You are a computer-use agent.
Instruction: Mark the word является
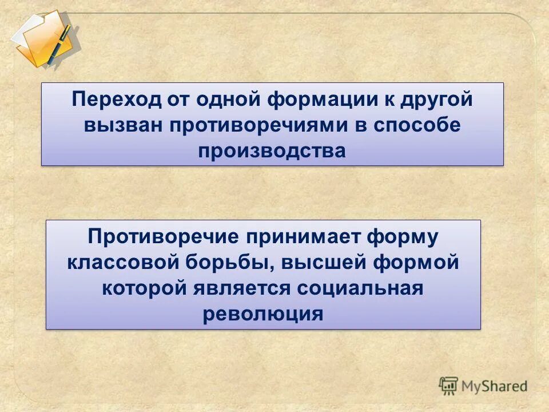[242, 288]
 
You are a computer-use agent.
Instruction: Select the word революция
[263, 314]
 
